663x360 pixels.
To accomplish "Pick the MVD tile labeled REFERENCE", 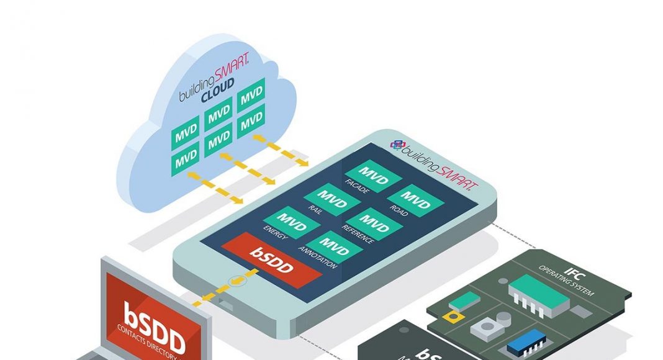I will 374,222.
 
